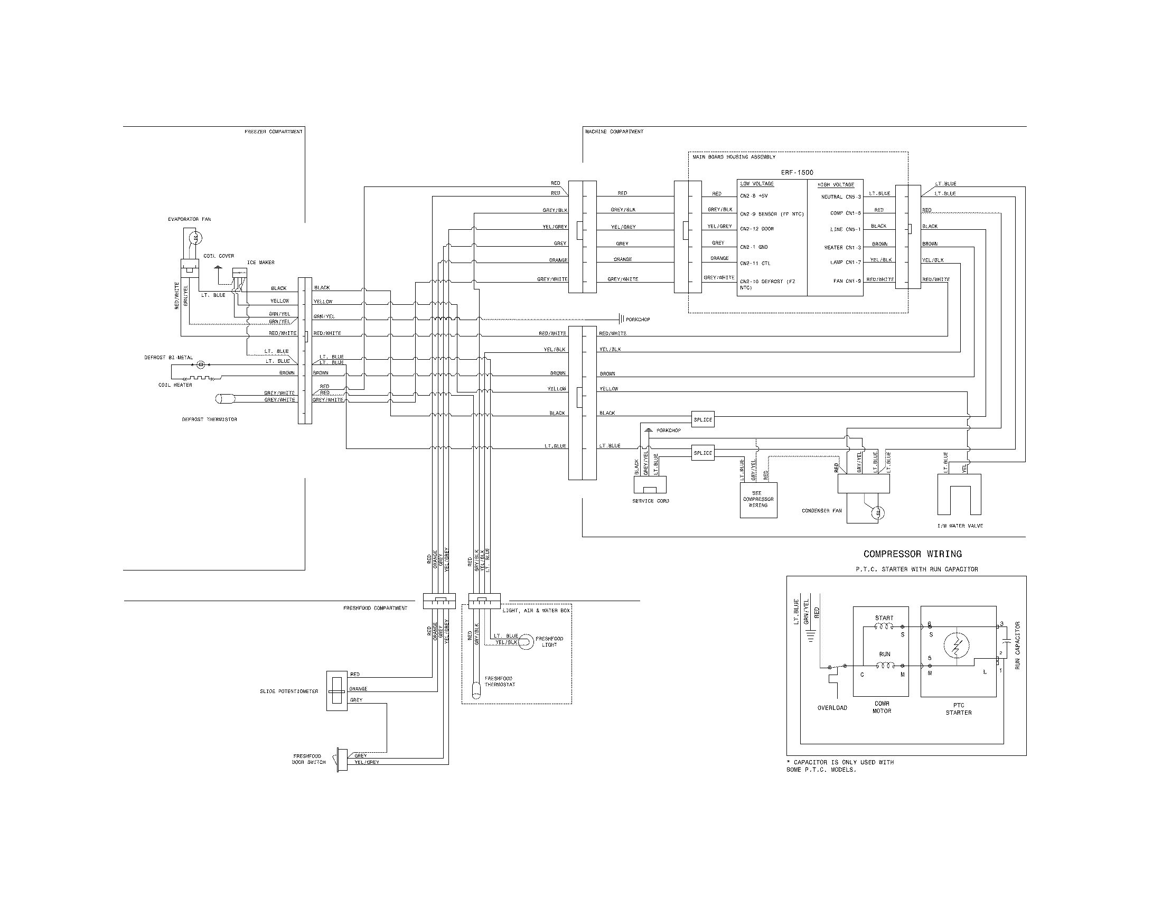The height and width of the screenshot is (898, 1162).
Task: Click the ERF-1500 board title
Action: click(x=796, y=172)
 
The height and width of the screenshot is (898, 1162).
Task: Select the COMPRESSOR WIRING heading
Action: click(x=912, y=554)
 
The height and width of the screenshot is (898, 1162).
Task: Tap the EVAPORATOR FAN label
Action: click(x=190, y=219)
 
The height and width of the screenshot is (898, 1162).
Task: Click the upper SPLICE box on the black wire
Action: click(x=702, y=420)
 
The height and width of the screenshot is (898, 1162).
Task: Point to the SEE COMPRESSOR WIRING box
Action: click(x=758, y=500)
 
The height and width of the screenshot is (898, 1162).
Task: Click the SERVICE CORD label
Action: click(x=650, y=501)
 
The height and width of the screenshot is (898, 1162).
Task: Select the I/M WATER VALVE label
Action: click(x=960, y=526)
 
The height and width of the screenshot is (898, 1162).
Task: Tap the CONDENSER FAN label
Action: click(x=821, y=511)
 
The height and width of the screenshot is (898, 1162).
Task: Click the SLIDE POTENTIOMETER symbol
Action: click(x=336, y=691)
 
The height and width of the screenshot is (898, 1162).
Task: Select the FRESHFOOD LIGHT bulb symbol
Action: click(x=526, y=642)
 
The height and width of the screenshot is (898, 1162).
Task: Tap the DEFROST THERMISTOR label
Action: click(x=209, y=419)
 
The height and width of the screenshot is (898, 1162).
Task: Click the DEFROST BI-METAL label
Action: click(x=168, y=358)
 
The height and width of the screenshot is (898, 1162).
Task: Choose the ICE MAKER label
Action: click(x=260, y=263)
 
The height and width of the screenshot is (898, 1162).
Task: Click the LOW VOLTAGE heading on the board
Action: click(x=756, y=184)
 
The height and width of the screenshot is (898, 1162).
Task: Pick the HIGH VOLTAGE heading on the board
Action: click(x=836, y=184)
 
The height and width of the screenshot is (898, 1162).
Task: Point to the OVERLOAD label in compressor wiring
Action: click(x=832, y=708)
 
